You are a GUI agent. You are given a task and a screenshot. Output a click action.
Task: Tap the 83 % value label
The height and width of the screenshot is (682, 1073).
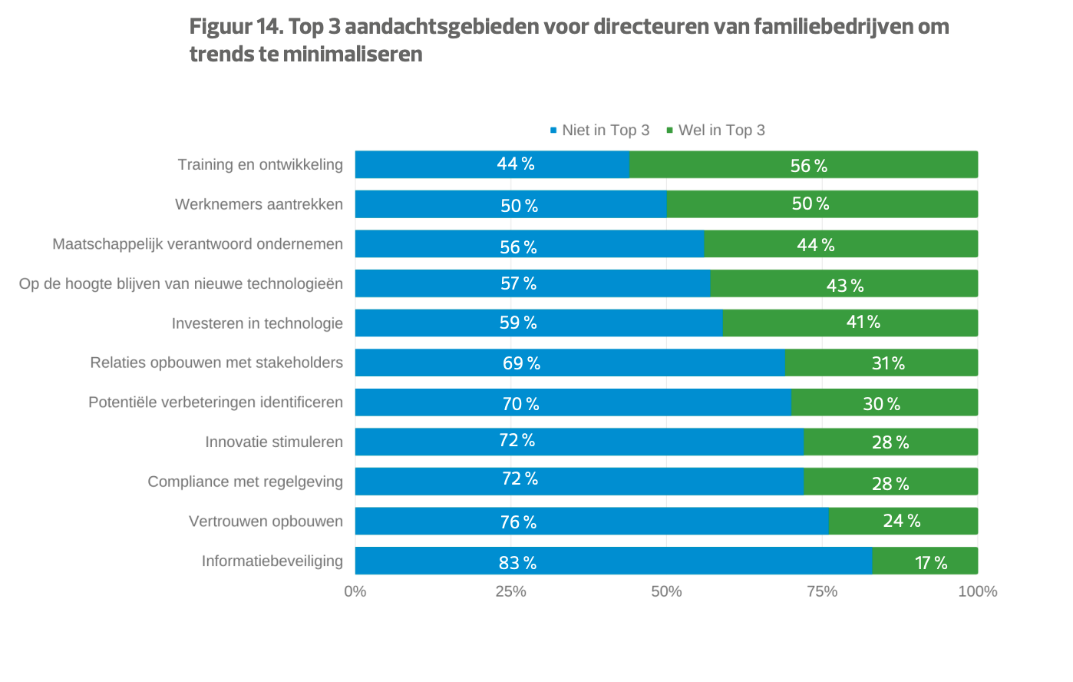tap(517, 563)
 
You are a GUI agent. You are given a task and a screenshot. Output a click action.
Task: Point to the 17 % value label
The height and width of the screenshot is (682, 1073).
tap(931, 563)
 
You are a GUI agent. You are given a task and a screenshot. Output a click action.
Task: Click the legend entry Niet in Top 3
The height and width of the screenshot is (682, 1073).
tap(605, 131)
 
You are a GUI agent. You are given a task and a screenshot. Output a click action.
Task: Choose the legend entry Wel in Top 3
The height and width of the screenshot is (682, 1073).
tap(721, 131)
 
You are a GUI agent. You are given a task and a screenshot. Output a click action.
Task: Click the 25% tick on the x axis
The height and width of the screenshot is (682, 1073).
tap(510, 591)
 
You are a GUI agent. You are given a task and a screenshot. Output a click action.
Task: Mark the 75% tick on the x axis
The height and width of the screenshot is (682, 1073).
tap(822, 591)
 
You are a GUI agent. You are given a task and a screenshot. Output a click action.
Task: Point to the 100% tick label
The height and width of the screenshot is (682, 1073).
tap(977, 591)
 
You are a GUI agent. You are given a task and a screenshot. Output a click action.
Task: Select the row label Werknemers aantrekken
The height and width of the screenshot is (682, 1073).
tap(259, 204)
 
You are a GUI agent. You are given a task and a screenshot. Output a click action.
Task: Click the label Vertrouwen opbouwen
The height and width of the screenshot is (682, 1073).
tap(266, 521)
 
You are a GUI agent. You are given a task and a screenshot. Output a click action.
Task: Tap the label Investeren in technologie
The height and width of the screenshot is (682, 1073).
tap(257, 323)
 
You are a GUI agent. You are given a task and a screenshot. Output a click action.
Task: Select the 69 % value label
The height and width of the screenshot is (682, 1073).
tap(521, 363)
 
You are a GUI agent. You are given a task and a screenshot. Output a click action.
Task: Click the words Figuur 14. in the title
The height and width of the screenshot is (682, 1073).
tap(236, 27)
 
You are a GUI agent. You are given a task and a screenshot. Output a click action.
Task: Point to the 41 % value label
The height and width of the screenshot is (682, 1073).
tap(863, 322)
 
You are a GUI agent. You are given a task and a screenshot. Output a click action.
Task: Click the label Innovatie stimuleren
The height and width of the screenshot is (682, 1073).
tap(273, 442)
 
